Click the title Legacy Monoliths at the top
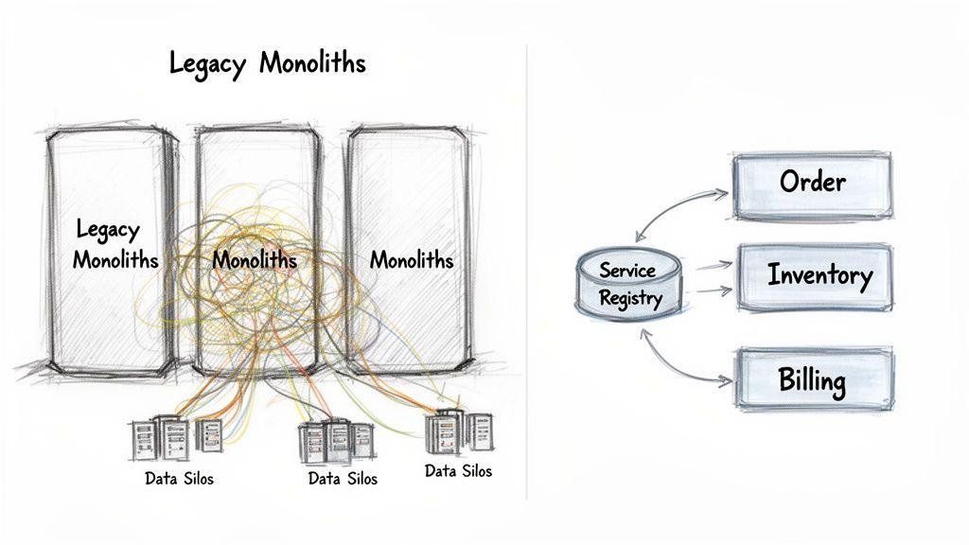(267, 63)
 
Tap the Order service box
(812, 182)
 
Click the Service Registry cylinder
(627, 284)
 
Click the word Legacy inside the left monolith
(107, 230)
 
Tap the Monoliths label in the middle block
(254, 259)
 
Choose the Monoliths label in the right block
(411, 259)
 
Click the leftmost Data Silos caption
(179, 478)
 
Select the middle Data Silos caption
(343, 479)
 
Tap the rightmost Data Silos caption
(458, 470)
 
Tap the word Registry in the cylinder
(630, 298)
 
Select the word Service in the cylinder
(626, 270)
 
